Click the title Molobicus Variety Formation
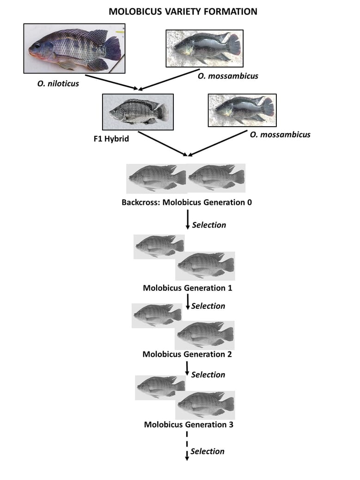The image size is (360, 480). [x=183, y=12]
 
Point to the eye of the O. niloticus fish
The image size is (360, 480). [x=37, y=45]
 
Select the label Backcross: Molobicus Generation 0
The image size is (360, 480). [x=187, y=202]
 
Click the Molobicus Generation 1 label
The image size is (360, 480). [x=187, y=288]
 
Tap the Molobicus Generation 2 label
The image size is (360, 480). [x=187, y=354]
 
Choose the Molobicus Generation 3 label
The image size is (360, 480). [x=189, y=424]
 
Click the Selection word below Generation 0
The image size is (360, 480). [x=209, y=225]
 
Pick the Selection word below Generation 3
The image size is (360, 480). [x=207, y=451]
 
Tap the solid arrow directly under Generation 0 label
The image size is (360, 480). [x=188, y=220]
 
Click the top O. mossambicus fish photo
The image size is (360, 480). [x=204, y=48]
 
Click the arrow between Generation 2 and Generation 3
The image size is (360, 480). [x=187, y=369]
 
